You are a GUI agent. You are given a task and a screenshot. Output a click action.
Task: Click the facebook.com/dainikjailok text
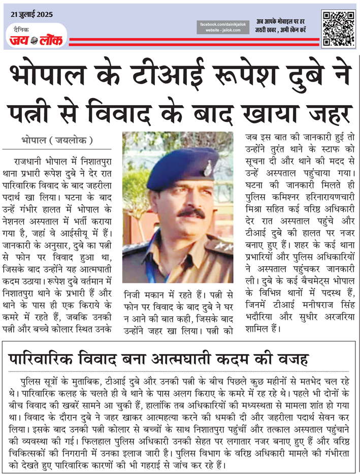coord(222,24)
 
